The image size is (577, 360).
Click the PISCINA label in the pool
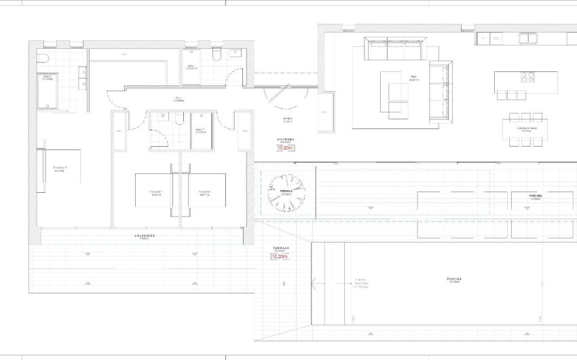tap(455, 279)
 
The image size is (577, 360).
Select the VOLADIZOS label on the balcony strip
tap(144, 236)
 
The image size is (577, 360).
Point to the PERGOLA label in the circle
tap(286, 192)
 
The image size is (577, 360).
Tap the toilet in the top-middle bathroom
tap(217, 54)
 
